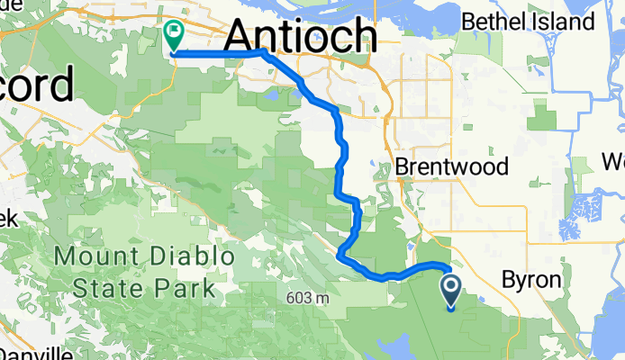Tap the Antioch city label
coord(299,36)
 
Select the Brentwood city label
coord(452,167)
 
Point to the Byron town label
coord(531,280)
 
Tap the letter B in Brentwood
coord(403,167)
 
